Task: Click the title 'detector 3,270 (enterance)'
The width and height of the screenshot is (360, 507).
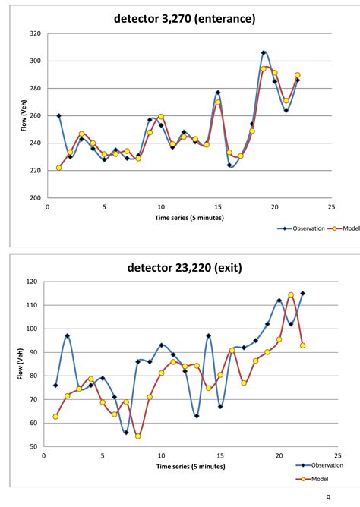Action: (185, 17)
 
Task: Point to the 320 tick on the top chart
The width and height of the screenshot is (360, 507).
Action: (36, 33)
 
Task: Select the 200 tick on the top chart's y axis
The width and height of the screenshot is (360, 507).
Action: (36, 197)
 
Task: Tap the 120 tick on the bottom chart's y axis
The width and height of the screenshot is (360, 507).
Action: (33, 282)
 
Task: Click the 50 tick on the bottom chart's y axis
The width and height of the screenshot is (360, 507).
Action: (35, 446)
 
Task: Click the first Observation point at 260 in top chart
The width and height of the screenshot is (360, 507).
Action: (58, 115)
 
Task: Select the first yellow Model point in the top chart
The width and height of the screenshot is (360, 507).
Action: (58, 168)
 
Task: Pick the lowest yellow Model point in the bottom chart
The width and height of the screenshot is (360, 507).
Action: (138, 436)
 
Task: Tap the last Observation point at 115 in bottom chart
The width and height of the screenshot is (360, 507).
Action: (302, 293)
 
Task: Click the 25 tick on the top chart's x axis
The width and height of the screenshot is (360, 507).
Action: (331, 206)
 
